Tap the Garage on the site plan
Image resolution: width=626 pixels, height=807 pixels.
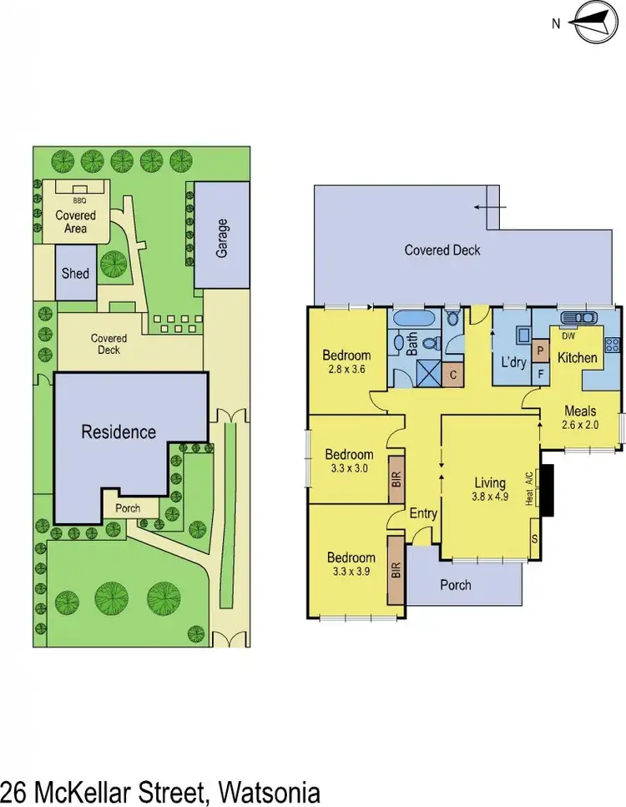pyautogui.click(x=222, y=236)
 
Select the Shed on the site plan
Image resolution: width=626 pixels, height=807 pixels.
pyautogui.click(x=75, y=273)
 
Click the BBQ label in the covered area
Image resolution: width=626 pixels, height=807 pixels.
pyautogui.click(x=80, y=201)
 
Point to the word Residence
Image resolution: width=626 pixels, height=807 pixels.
pyautogui.click(x=119, y=431)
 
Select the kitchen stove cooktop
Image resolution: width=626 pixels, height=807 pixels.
pyautogui.click(x=613, y=343)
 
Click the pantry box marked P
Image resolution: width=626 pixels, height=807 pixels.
pyautogui.click(x=540, y=352)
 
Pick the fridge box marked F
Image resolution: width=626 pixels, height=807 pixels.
pyautogui.click(x=540, y=375)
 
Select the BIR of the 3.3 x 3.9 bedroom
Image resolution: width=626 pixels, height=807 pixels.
pyautogui.click(x=396, y=570)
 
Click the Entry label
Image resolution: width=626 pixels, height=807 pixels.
pyautogui.click(x=423, y=514)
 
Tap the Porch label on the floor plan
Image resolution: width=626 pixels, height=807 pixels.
pyautogui.click(x=455, y=585)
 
